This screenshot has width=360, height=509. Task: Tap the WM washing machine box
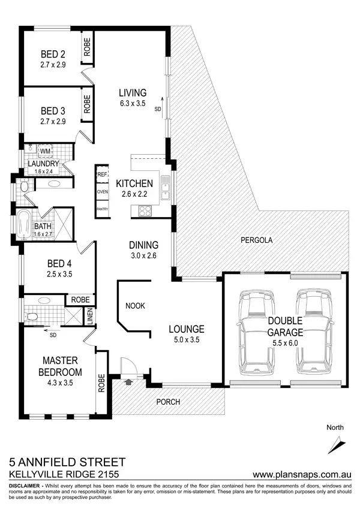[x=44, y=152]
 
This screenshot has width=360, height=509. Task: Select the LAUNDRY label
[x=43, y=164]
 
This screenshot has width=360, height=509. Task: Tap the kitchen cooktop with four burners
[x=146, y=210]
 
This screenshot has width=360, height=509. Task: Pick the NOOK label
[x=135, y=306]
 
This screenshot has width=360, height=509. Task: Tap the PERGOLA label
[x=256, y=240]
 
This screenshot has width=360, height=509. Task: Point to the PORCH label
[x=169, y=402]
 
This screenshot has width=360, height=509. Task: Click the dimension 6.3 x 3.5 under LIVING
[x=133, y=103]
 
